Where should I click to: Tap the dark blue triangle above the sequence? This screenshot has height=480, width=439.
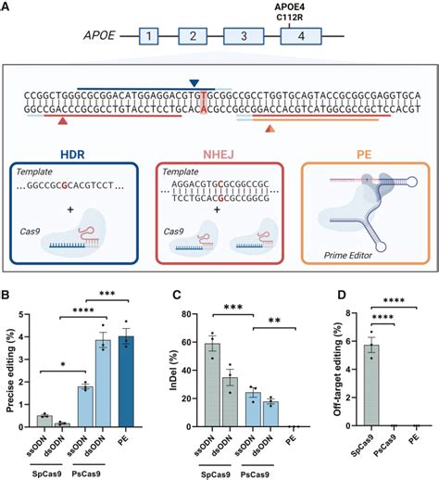point(193,84)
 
